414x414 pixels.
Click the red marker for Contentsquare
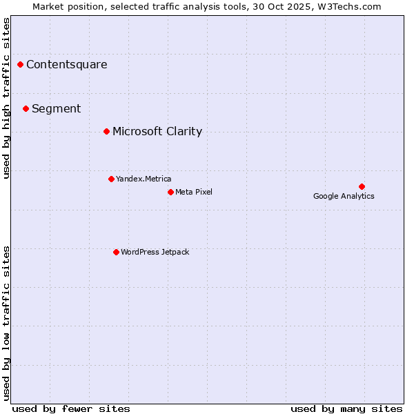tap(21, 65)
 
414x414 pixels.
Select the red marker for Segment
tap(26, 108)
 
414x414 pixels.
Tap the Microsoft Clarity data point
tap(106, 131)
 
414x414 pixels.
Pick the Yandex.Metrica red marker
tap(111, 179)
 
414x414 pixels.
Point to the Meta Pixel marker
tap(170, 192)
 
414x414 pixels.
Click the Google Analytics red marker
tap(362, 186)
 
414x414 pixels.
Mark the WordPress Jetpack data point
tap(116, 252)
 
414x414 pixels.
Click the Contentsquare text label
tap(67, 65)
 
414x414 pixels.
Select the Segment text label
tap(57, 108)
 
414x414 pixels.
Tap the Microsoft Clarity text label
tap(157, 131)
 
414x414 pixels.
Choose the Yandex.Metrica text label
tap(144, 179)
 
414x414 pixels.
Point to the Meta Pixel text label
tap(194, 192)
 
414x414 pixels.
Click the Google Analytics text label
tap(344, 196)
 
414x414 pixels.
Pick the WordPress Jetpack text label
tap(155, 252)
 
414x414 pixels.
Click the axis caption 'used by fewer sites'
tap(71, 408)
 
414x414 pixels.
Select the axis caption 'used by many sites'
tap(346, 408)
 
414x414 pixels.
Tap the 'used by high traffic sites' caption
tap(7, 98)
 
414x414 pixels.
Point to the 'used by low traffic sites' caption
tap(7, 322)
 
